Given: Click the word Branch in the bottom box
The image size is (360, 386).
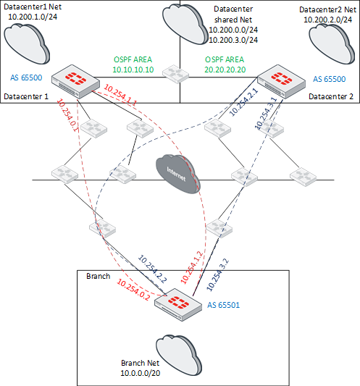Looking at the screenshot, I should point(99,277).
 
